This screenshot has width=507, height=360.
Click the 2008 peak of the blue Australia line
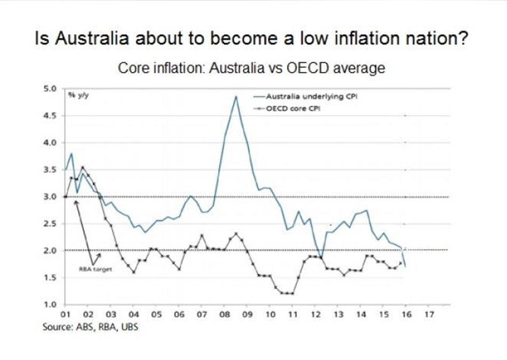pos(235,97)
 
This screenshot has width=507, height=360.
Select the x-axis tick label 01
pos(66,315)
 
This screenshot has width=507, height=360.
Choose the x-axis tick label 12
pos(315,315)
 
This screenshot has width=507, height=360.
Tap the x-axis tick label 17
pos(429,315)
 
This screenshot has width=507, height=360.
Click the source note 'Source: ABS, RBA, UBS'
pos(90,326)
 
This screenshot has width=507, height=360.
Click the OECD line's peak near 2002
pos(82,167)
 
